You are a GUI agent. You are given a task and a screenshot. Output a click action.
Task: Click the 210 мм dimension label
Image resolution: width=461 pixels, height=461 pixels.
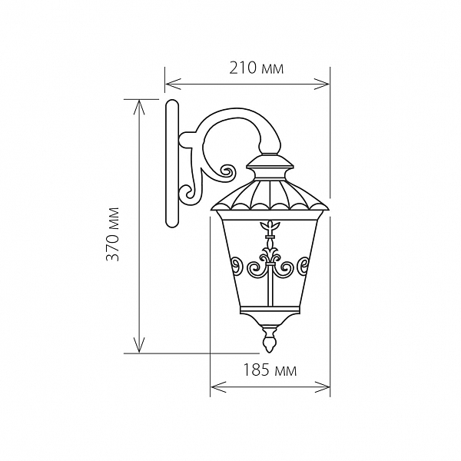256,68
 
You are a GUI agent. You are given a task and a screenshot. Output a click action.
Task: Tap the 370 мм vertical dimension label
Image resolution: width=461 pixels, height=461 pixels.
113,234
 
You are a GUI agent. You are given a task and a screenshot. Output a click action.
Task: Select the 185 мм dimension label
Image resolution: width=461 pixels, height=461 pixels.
270,370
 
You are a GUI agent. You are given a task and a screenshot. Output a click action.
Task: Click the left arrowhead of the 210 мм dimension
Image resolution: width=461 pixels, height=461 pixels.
173,84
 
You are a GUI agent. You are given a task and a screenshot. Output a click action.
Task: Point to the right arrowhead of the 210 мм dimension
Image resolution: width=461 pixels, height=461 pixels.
322,84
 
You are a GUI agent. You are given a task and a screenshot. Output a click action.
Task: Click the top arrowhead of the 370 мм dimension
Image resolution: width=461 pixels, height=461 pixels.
139,107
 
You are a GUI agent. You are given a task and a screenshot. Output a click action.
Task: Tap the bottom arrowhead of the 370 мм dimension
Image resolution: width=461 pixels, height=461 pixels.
139,345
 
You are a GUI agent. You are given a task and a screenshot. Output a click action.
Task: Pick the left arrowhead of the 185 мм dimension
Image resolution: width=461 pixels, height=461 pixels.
218,387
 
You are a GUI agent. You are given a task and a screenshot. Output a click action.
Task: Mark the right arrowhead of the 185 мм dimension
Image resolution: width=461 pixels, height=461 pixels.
322,387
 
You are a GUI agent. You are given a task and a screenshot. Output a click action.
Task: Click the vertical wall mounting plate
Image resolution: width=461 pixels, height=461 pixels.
172,164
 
